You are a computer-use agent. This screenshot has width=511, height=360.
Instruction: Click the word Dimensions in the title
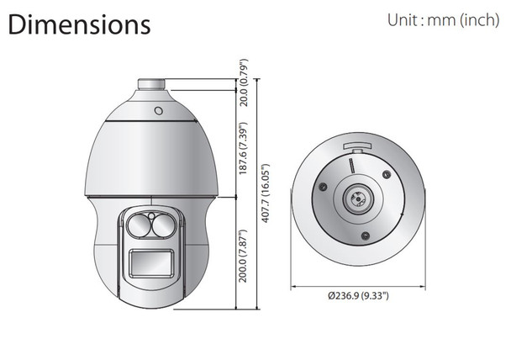coord(79,24)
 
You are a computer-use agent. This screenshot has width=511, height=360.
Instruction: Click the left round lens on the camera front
coord(137,225)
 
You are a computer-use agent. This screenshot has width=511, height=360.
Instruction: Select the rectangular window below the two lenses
coord(152,264)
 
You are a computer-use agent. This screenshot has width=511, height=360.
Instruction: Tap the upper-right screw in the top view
coord(385,174)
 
